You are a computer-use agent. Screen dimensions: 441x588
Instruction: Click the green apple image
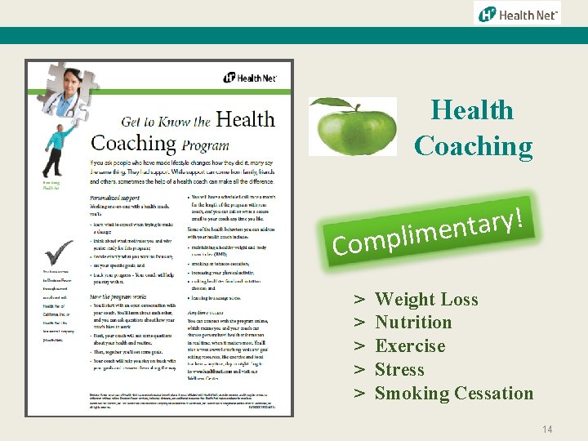(x=354, y=129)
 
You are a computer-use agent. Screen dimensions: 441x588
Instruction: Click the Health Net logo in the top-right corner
(x=518, y=14)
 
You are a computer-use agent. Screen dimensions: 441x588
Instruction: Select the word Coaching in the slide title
(x=473, y=146)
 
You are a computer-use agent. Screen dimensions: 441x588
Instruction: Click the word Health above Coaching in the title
(x=472, y=110)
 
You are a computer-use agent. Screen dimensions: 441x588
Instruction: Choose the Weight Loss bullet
(x=425, y=300)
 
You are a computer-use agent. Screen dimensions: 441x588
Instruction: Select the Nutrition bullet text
(x=412, y=323)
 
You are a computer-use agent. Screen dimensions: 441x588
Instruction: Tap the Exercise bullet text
(x=409, y=346)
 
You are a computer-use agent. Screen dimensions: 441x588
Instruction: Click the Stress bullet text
(x=399, y=370)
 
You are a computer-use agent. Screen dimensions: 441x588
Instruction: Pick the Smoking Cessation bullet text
(x=453, y=394)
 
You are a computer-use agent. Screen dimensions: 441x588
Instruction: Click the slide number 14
(x=546, y=428)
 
